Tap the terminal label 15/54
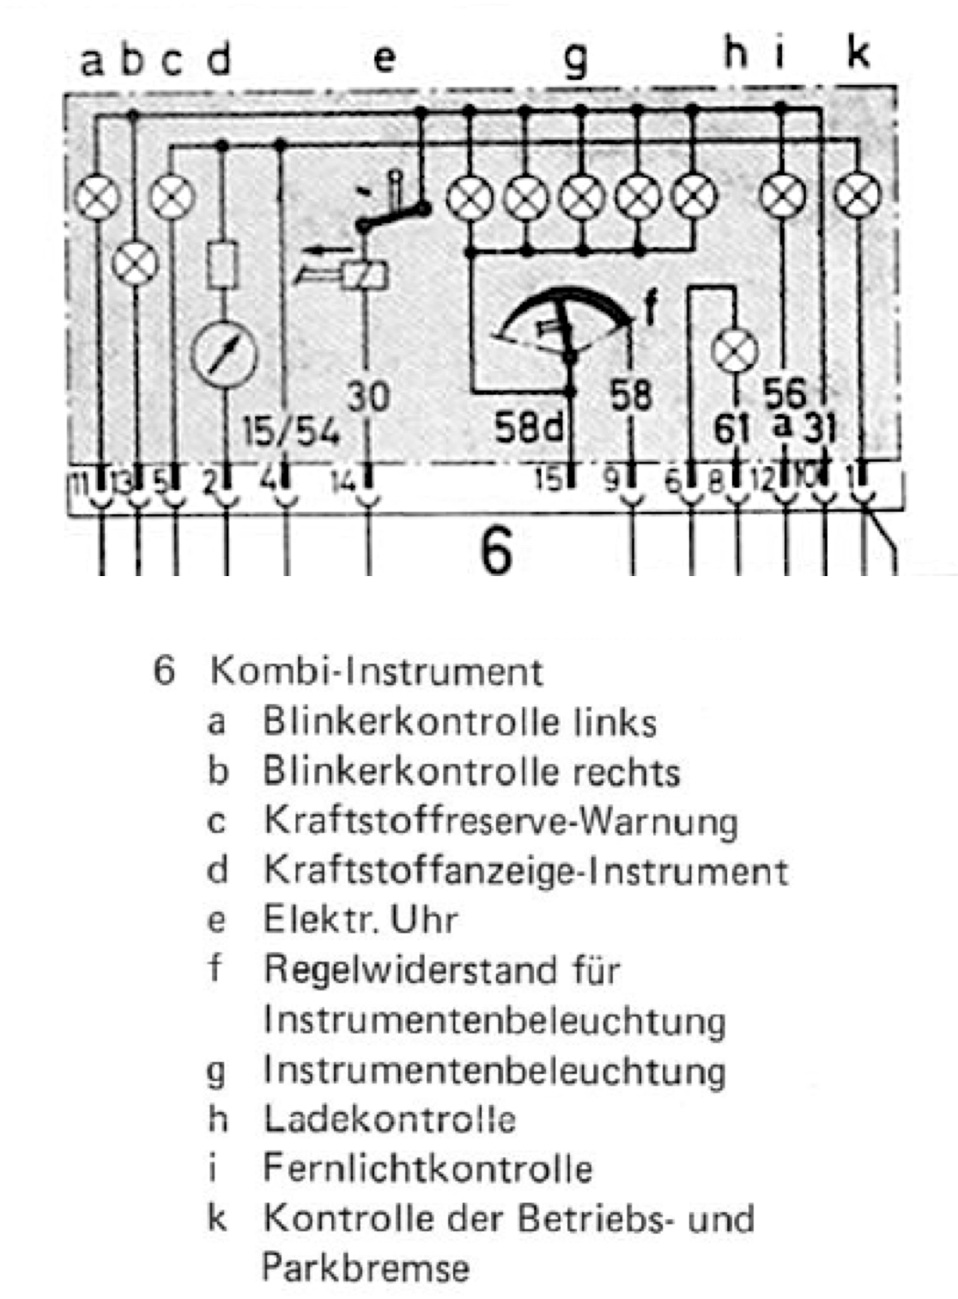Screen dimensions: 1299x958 [290, 431]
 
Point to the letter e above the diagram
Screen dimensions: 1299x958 [384, 58]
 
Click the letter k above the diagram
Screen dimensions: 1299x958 [858, 53]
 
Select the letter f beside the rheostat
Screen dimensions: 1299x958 [652, 307]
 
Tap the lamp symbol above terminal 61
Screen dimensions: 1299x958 [736, 350]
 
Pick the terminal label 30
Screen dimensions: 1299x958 [368, 397]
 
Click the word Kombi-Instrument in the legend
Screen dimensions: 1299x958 [376, 671]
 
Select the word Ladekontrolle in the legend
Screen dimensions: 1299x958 [389, 1119]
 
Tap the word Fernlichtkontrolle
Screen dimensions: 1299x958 [427, 1168]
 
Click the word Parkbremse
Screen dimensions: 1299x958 [366, 1268]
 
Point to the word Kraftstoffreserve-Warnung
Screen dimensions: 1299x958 [500, 821]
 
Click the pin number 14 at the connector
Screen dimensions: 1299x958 [342, 481]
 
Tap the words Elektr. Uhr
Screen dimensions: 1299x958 [360, 920]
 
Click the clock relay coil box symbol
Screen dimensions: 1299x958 [365, 275]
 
